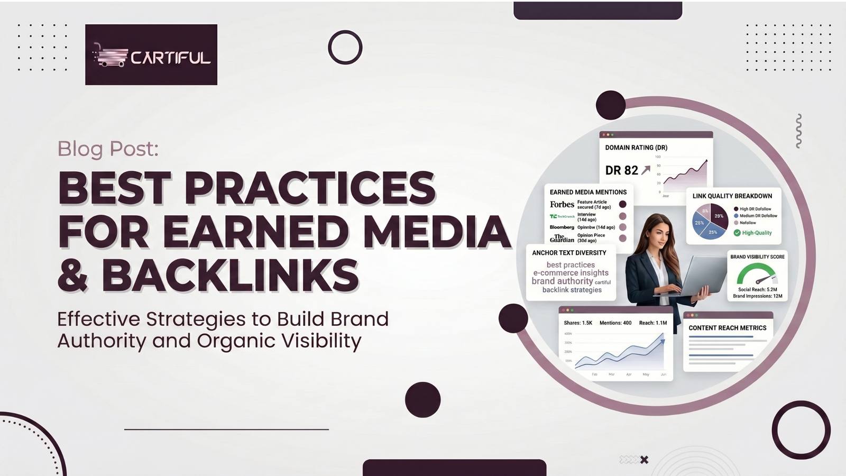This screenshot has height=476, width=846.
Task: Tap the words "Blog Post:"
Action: [108, 149]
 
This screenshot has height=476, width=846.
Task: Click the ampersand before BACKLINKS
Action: [73, 276]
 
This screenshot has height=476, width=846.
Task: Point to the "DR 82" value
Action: [622, 170]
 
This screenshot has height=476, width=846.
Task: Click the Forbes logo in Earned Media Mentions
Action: [562, 204]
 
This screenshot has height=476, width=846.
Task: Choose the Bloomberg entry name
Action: [562, 227]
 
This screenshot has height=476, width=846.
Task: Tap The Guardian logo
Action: [562, 239]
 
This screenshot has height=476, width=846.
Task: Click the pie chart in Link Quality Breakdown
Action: [710, 221]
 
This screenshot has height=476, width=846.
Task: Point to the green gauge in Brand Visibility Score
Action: [757, 274]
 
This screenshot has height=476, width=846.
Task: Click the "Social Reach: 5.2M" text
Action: [758, 289]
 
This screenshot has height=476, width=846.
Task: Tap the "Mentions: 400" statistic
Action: [615, 323]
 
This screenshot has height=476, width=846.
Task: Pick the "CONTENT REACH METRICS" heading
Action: [727, 328]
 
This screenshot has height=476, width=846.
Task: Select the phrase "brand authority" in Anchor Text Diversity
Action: [562, 281]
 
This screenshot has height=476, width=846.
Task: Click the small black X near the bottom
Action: [644, 460]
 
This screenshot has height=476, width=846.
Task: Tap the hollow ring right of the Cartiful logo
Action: [345, 48]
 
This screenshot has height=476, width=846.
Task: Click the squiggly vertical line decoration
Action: [798, 131]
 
